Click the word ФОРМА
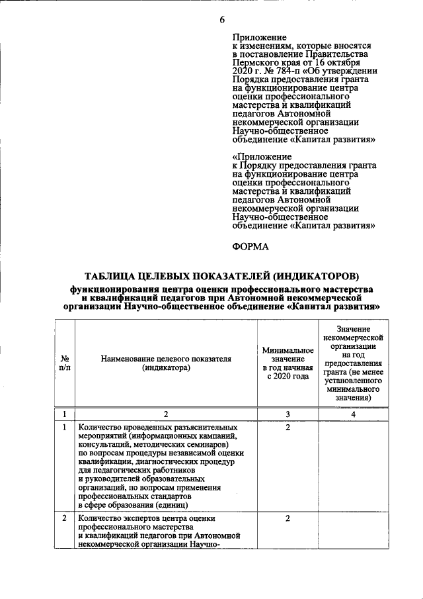click(250, 247)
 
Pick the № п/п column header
click(65, 363)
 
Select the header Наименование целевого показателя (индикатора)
click(166, 363)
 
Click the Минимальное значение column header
click(288, 363)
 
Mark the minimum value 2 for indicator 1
click(288, 428)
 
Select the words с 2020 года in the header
click(288, 377)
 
